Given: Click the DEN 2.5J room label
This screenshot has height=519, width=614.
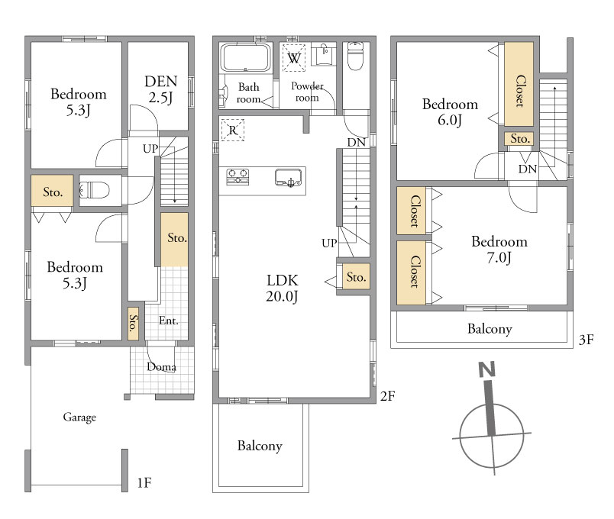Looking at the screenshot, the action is [160, 89].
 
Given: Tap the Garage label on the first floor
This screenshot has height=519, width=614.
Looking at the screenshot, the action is [79, 417].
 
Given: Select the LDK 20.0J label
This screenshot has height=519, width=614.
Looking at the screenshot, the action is [282, 288].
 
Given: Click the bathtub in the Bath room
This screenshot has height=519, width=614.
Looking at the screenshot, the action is [245, 57].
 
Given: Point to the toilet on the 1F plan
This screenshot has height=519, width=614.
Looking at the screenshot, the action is [95, 190].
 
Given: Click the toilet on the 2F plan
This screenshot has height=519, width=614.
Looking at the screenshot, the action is [356, 56].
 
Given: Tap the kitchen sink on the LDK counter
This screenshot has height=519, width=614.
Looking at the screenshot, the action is [288, 178].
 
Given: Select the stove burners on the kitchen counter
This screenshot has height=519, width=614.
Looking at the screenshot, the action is [238, 176].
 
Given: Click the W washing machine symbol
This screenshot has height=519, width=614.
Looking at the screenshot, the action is [294, 58].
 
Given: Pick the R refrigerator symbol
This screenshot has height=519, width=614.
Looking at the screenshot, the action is [233, 130].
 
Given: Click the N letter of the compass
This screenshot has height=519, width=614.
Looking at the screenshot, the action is [486, 369].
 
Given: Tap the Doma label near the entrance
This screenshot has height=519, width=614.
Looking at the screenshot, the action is [161, 367].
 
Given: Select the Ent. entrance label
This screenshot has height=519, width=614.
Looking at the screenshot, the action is [169, 321].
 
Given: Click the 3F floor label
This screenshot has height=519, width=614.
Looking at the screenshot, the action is [587, 340].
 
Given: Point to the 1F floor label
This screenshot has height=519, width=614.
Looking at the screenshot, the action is [144, 483].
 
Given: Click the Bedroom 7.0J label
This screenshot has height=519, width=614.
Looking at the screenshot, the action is [499, 250].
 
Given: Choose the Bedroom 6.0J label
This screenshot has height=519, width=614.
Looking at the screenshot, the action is [450, 112].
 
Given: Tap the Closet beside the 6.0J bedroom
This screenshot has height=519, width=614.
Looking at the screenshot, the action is [519, 84].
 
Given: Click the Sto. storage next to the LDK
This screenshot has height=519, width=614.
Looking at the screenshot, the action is [356, 277].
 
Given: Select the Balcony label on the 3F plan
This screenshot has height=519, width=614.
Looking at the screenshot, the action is [490, 329].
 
